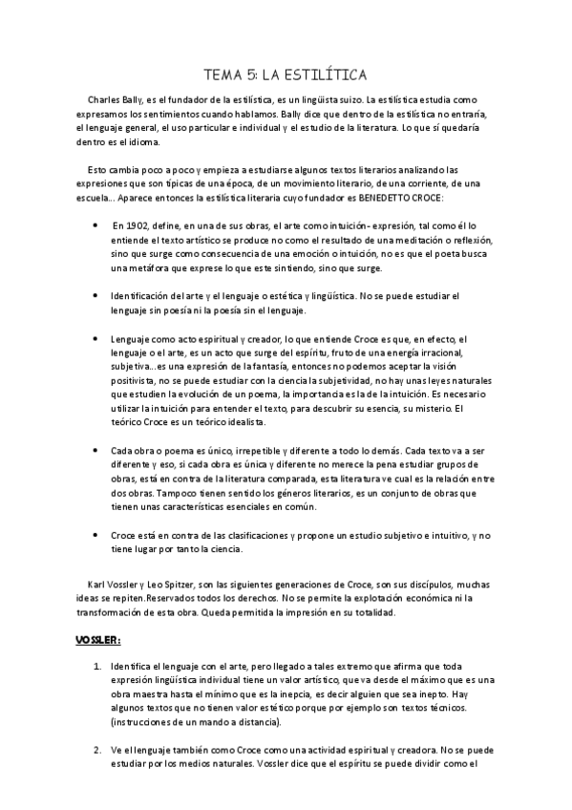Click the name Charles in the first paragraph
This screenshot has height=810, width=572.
(x=104, y=99)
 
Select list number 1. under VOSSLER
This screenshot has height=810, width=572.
(x=96, y=662)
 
